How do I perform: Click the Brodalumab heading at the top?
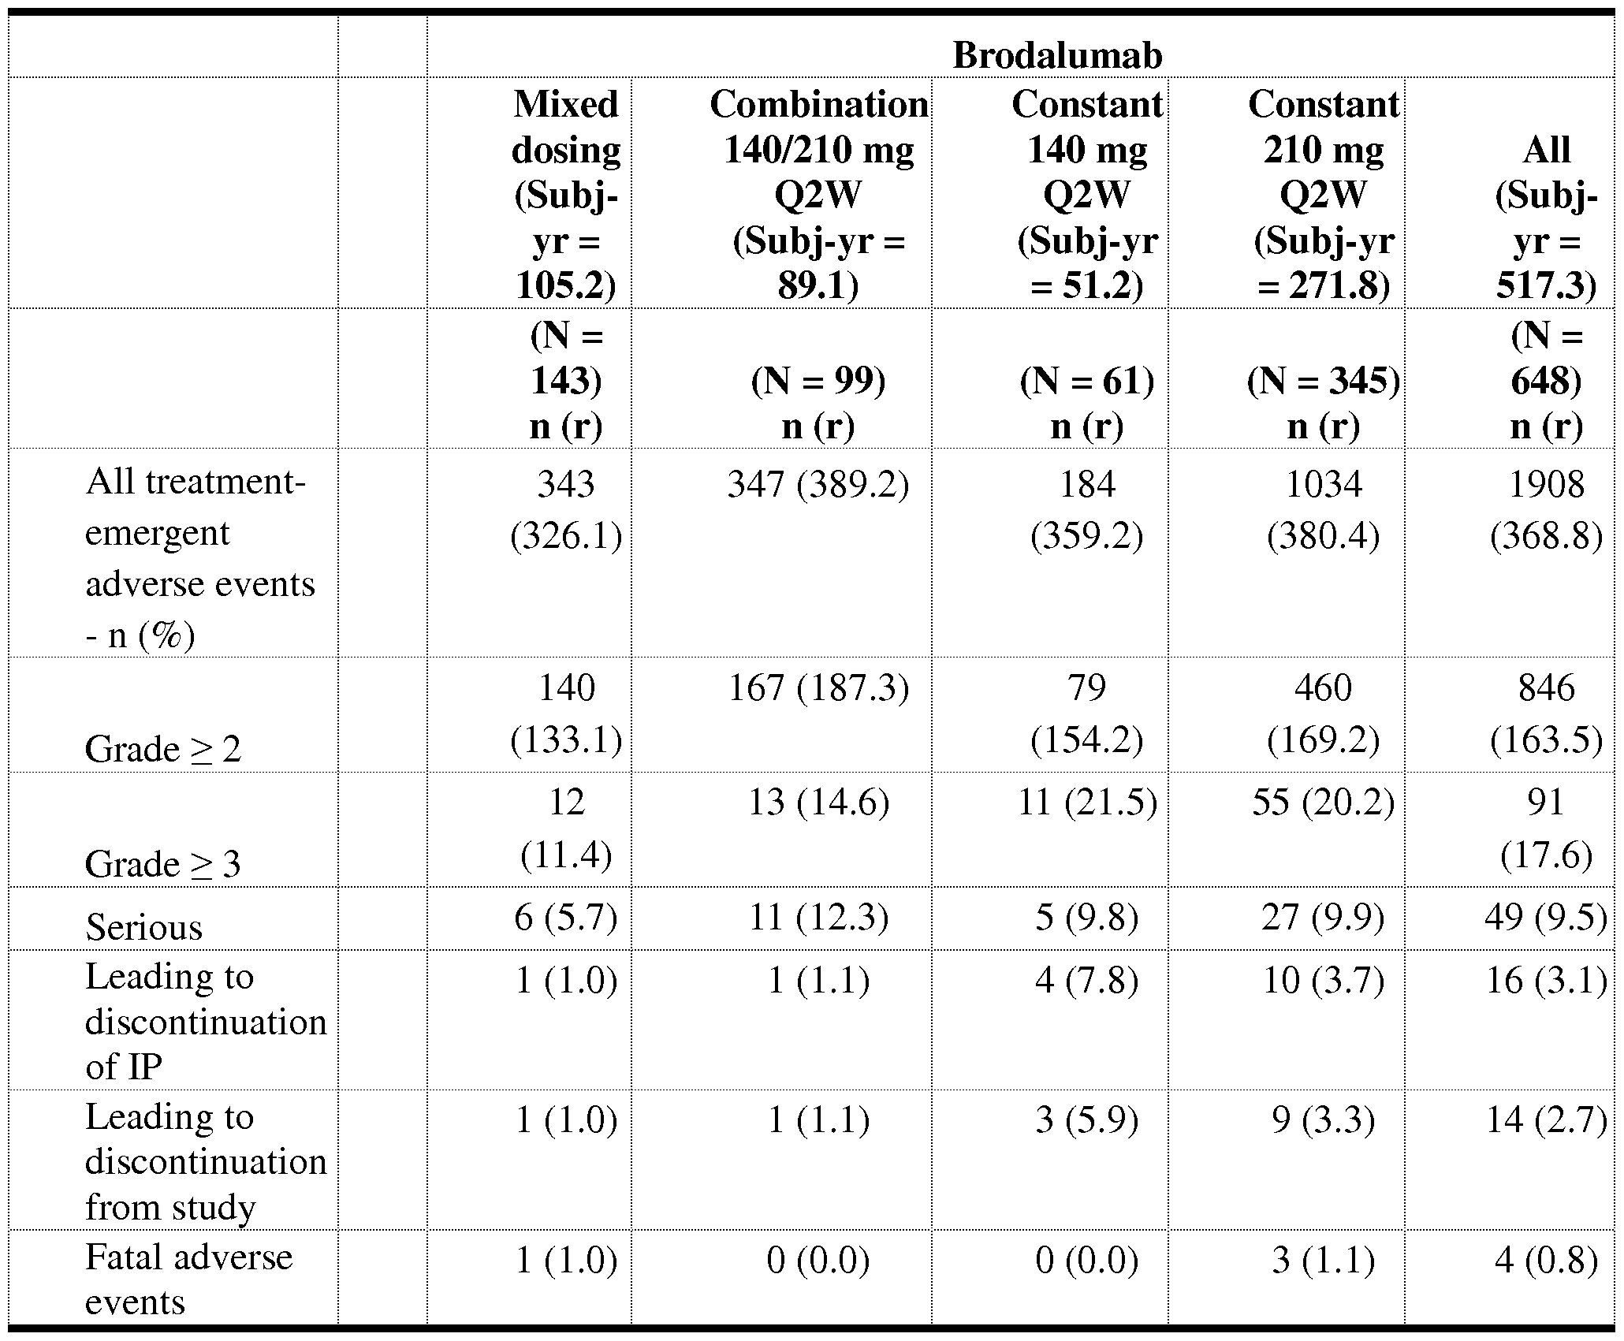1057,56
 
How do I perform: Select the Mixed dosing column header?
565,194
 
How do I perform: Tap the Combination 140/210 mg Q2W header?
818,194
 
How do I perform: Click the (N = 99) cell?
818,382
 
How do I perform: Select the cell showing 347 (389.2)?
818,485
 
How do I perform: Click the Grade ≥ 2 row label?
163,749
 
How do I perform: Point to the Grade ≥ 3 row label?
163,865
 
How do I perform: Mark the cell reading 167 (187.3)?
818,688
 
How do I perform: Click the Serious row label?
144,927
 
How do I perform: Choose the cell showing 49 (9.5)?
1545,917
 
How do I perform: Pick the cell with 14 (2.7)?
1545,1120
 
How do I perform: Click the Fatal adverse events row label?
188,1278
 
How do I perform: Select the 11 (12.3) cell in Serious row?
818,917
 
